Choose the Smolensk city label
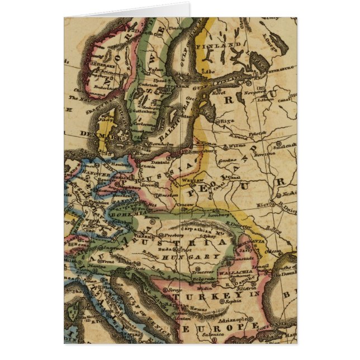286,144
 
